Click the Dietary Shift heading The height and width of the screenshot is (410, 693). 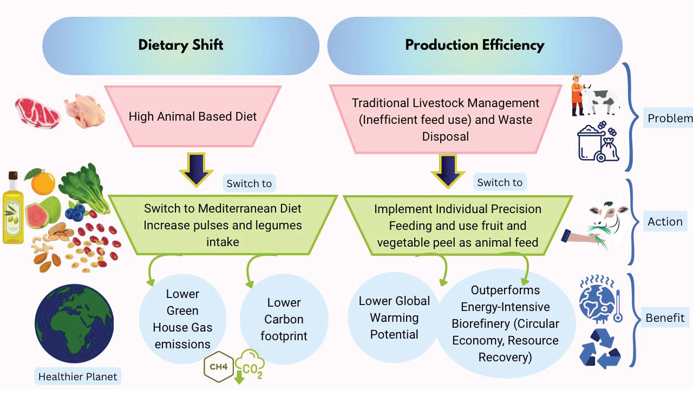click(x=181, y=45)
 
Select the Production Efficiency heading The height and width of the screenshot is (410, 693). click(x=475, y=45)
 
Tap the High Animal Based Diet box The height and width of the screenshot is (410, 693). click(x=193, y=116)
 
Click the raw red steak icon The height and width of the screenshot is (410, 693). click(x=37, y=112)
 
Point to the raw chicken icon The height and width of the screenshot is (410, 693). click(x=84, y=111)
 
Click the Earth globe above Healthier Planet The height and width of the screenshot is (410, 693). click(x=74, y=323)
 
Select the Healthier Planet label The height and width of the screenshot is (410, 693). click(x=78, y=376)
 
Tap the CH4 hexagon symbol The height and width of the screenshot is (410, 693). click(x=219, y=368)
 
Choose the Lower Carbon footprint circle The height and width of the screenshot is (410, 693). click(x=284, y=319)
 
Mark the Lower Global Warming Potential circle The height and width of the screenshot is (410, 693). click(x=394, y=318)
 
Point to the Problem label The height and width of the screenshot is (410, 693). click(x=669, y=118)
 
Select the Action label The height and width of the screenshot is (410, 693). click(x=665, y=222)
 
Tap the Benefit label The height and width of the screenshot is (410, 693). click(x=665, y=318)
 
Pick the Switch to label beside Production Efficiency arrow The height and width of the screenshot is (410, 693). click(x=500, y=182)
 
